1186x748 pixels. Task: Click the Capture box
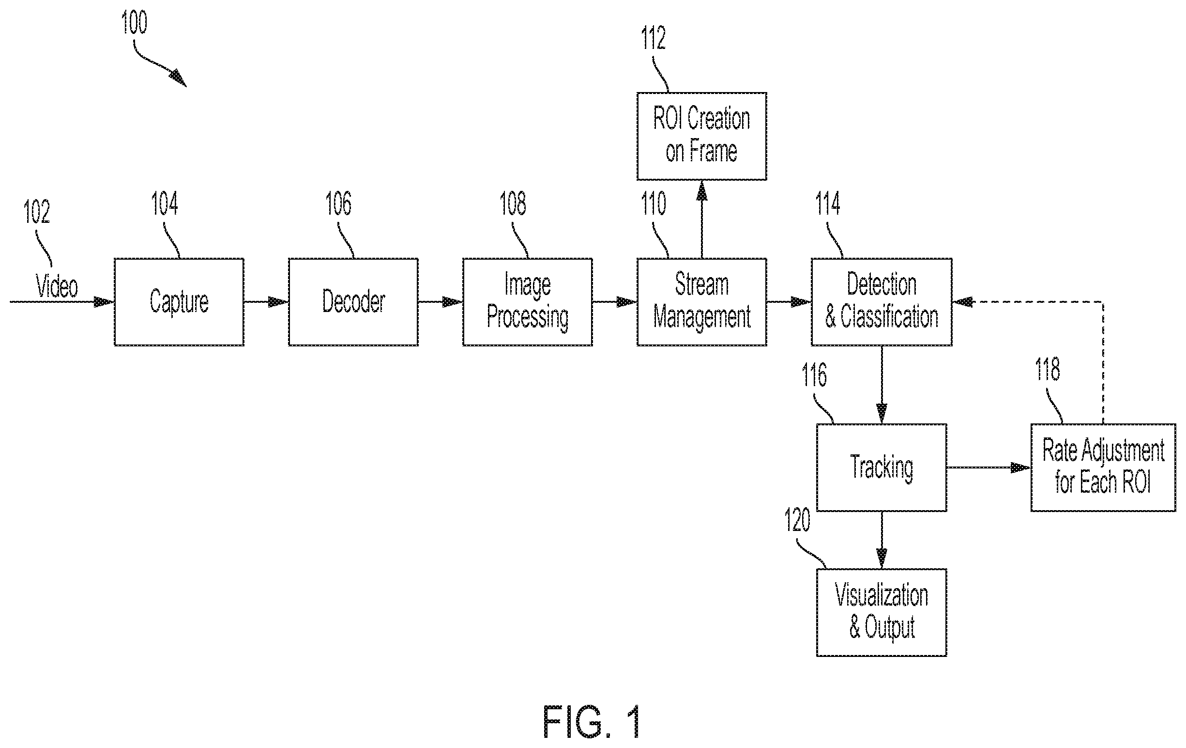click(x=179, y=301)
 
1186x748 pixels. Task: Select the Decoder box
click(x=353, y=301)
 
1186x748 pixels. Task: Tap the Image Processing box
click(x=528, y=301)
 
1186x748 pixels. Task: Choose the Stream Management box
click(x=702, y=301)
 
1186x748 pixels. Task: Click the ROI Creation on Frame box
click(x=702, y=136)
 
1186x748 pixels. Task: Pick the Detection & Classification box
click(x=882, y=301)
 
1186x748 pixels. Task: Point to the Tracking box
click(x=882, y=467)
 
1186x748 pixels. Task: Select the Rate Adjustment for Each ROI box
click(x=1103, y=467)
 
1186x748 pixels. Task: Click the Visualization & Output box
click(x=882, y=612)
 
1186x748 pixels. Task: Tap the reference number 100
click(x=134, y=23)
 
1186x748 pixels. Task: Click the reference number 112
click(x=653, y=38)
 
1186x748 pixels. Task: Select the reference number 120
click(x=797, y=520)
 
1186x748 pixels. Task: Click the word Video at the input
click(x=57, y=286)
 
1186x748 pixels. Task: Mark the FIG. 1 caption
click(x=592, y=721)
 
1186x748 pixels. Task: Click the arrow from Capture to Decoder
click(x=266, y=301)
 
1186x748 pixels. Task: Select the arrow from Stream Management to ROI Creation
click(x=702, y=219)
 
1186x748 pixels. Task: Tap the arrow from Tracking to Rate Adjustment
click(x=988, y=467)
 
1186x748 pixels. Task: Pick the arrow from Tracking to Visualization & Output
click(x=882, y=540)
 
